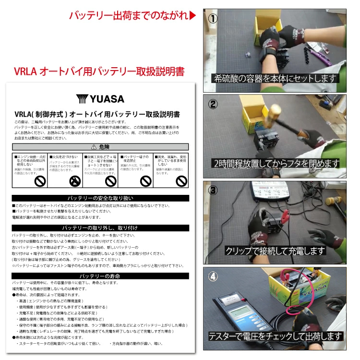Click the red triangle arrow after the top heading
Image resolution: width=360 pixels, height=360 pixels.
point(192,16)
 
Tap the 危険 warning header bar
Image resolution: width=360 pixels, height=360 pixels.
point(101,146)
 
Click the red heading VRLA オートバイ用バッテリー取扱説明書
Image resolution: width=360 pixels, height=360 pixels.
point(99,72)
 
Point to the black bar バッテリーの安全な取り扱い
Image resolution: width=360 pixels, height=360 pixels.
point(101,198)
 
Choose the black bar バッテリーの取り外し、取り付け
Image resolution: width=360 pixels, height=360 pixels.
point(101,228)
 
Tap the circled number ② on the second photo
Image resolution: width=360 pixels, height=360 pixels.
point(213,104)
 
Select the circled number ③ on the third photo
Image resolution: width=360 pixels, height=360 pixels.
point(213,190)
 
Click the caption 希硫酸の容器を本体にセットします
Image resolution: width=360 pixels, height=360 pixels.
point(275,78)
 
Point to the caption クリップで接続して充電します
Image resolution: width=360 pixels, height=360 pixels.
point(275,251)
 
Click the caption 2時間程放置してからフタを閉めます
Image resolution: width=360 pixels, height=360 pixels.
point(275,164)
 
